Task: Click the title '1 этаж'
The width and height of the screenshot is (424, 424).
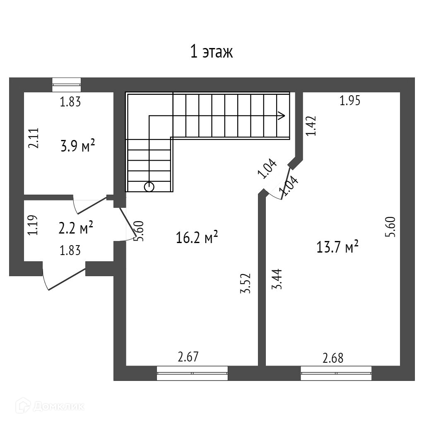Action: [x=212, y=52]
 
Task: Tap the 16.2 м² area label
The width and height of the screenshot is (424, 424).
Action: [x=197, y=237]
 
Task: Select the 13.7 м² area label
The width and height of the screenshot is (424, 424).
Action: [x=337, y=247]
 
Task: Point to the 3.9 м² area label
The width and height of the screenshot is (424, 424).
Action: [x=77, y=146]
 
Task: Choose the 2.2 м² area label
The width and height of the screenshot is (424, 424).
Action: [x=76, y=228]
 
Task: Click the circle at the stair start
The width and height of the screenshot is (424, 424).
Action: [x=149, y=187]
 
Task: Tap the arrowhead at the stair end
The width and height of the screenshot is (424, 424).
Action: [x=282, y=116]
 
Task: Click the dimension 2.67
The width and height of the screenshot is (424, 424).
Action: [x=188, y=357]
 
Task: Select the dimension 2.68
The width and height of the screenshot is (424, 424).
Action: [x=333, y=358]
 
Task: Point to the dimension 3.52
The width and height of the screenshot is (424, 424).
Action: [x=246, y=283]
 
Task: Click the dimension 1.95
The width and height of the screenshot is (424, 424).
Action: [x=350, y=101]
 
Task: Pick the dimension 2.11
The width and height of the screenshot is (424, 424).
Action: [x=34, y=138]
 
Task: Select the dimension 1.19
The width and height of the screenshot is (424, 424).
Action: [x=32, y=225]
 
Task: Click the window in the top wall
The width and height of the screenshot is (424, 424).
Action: [x=67, y=84]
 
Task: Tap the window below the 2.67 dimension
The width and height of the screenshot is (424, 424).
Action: [x=192, y=373]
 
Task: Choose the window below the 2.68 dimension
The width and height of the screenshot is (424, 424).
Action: [x=336, y=373]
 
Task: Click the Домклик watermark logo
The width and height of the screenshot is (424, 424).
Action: [x=50, y=406]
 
